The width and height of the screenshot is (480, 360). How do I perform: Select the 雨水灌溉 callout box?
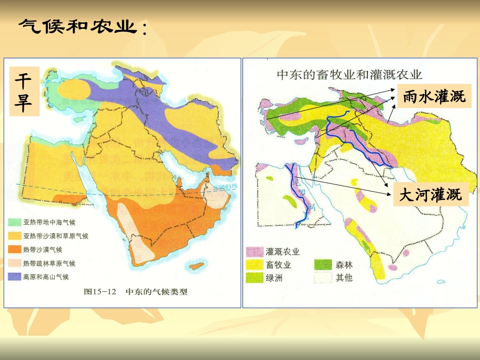tap(434, 96)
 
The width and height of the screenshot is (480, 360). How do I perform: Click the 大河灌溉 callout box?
tap(430, 195)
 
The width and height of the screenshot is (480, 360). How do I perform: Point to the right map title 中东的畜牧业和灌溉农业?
tap(349, 75)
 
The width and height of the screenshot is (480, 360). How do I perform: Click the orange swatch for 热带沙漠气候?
tap(15, 249)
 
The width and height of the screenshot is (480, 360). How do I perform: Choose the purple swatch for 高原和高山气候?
tap(15, 276)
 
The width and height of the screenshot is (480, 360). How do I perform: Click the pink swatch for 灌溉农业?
tap(254, 252)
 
